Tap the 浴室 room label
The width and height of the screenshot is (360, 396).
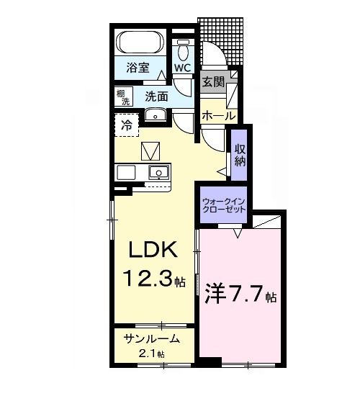pyautogui.click(x=138, y=68)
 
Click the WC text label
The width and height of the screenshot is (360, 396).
pyautogui.click(x=182, y=68)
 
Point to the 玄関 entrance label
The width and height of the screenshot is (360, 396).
pyautogui.click(x=212, y=82)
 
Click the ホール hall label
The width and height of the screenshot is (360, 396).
pyautogui.click(x=219, y=115)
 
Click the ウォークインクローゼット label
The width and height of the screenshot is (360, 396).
pyautogui.click(x=223, y=204)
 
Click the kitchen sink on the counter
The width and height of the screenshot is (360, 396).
pyautogui.click(x=158, y=172)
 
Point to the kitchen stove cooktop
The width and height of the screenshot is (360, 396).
pyautogui.click(x=125, y=173)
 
